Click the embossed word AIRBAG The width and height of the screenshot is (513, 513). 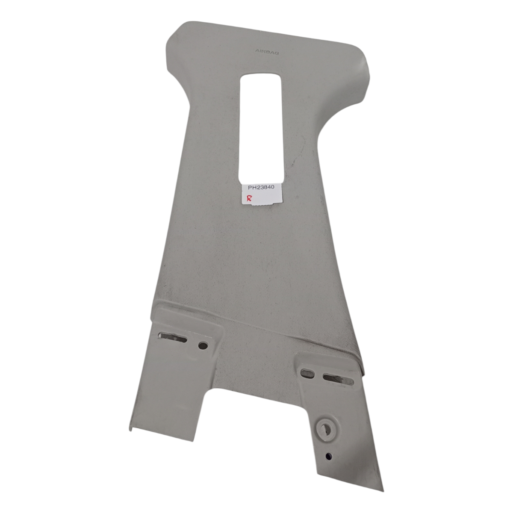point(267,52)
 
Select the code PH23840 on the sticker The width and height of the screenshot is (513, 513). point(261,187)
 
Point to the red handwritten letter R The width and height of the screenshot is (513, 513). point(249,198)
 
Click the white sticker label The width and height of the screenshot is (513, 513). point(262,195)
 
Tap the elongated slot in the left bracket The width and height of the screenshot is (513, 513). point(173,336)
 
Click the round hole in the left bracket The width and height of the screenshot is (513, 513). point(203,345)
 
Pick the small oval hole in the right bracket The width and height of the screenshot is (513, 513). point(307,373)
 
